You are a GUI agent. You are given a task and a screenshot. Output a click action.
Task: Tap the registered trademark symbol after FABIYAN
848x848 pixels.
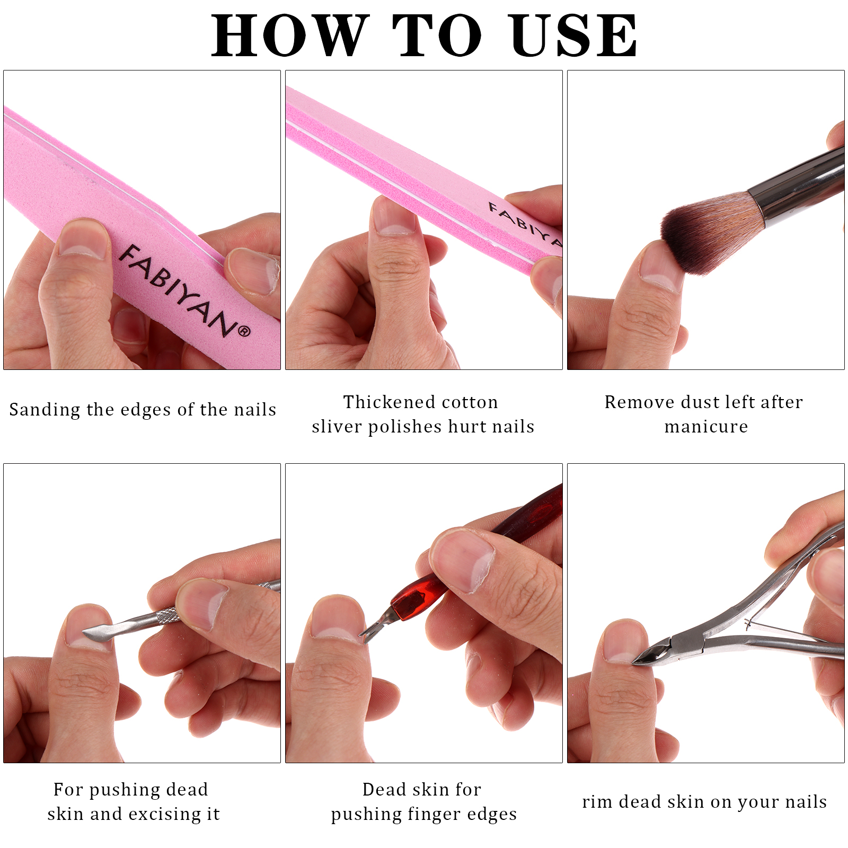click(x=244, y=332)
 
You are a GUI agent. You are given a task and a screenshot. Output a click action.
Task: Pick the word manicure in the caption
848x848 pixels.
click(x=706, y=426)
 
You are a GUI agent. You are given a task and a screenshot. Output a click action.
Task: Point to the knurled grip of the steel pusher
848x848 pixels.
click(x=167, y=616)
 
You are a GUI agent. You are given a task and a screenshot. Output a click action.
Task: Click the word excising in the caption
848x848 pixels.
click(x=166, y=814)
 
